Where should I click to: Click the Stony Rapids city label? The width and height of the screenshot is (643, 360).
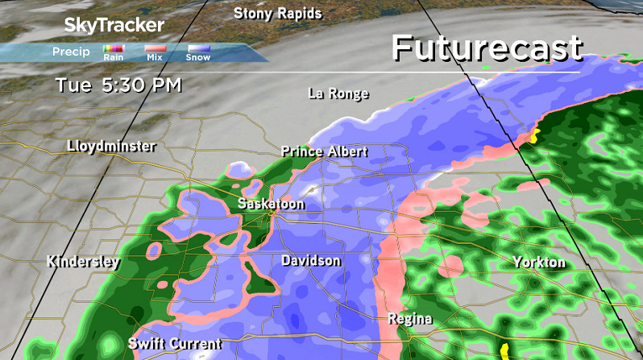[x=277, y=14]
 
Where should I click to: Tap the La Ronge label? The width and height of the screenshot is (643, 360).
[x=338, y=94]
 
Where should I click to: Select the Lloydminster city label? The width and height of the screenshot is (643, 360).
[x=111, y=147]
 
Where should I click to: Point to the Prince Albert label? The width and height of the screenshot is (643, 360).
[x=324, y=151]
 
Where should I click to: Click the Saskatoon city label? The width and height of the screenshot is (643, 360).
[x=271, y=205]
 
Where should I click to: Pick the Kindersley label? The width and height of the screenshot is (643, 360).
[x=83, y=262]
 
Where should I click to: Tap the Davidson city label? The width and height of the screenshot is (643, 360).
[x=310, y=261]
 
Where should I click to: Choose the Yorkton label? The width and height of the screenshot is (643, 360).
[x=539, y=263]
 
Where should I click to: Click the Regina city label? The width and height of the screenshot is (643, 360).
[x=409, y=319]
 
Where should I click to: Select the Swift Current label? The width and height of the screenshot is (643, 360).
[x=174, y=344]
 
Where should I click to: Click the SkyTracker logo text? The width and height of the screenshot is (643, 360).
[x=114, y=25]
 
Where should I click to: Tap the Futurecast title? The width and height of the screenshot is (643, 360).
[x=487, y=48]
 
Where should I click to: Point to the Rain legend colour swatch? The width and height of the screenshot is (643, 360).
[x=113, y=50]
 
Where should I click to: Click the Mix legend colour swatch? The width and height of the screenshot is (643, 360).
[x=155, y=50]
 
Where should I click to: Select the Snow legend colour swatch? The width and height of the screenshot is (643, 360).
[x=198, y=50]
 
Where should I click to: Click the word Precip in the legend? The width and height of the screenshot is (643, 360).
[x=70, y=52]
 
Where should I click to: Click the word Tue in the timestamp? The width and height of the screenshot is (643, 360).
[x=71, y=84]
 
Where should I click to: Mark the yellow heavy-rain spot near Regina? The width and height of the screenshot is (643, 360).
[x=504, y=350]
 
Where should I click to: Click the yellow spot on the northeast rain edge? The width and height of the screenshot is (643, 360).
[x=533, y=134]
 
